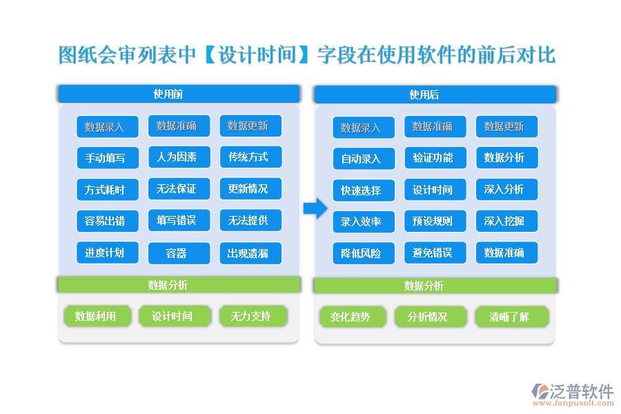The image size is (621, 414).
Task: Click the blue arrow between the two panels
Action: [x=315, y=208]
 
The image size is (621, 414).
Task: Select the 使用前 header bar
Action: [x=179, y=95]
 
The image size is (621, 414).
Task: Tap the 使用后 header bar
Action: [x=435, y=95]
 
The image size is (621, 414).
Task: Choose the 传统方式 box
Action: [x=250, y=157]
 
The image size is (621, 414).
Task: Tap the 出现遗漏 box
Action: [x=250, y=253]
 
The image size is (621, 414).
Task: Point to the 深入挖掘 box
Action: [x=506, y=221]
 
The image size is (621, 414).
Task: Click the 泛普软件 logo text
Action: [x=581, y=391]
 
